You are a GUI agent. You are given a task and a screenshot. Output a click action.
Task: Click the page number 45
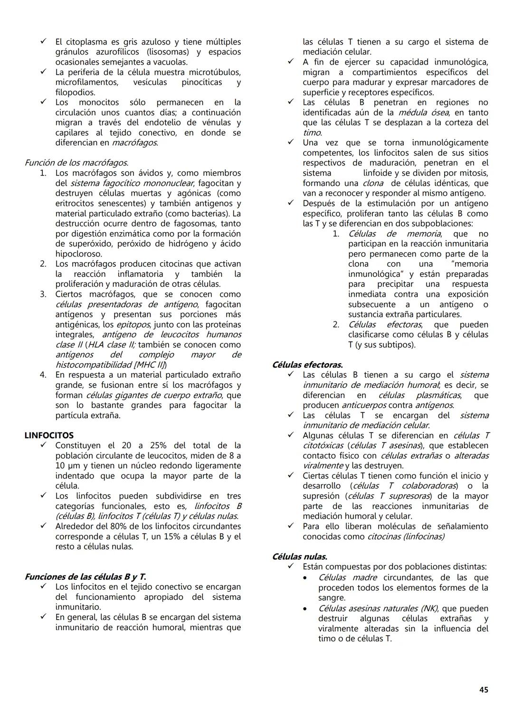coord(484,690)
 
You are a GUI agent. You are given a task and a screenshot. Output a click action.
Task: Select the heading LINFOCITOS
coord(49,435)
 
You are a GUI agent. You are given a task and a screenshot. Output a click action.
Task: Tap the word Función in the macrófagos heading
coord(39,163)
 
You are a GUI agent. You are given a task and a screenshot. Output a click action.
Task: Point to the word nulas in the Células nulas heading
coord(316,556)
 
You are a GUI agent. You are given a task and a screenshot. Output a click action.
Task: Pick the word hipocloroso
coord(78,254)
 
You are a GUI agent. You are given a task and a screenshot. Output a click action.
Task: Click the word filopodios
coord(75,93)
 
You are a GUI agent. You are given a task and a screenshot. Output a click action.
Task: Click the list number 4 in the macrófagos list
coord(43,375)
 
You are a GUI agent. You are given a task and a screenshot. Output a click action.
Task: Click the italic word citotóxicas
coord(323,446)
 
